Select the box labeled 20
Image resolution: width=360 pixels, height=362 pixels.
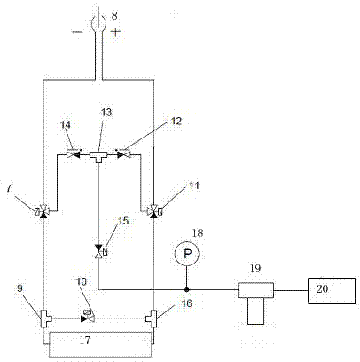tap(332, 290)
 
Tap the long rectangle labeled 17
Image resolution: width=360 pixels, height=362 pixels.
tap(100, 344)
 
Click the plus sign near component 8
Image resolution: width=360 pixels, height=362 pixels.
tap(115, 32)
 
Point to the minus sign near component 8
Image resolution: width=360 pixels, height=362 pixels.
tap(77, 31)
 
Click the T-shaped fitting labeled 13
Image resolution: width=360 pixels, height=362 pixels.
tap(98, 156)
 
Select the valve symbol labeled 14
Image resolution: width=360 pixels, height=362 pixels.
tap(73, 154)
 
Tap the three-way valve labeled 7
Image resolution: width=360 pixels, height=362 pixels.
tap(43, 211)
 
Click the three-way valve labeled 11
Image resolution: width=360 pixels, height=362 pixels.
tap(154, 211)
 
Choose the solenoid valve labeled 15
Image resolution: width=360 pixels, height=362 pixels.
tap(99, 251)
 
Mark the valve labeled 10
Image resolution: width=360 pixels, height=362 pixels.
tap(88, 317)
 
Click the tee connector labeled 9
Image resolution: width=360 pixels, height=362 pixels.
tap(45, 319)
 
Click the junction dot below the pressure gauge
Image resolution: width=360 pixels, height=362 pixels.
tap(186, 289)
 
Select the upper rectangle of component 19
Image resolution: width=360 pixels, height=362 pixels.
tap(255, 290)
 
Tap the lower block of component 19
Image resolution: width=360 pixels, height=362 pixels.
tap(255, 311)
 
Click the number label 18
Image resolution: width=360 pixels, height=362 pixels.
tap(198, 233)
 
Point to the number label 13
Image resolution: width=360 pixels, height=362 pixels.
tap(107, 113)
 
